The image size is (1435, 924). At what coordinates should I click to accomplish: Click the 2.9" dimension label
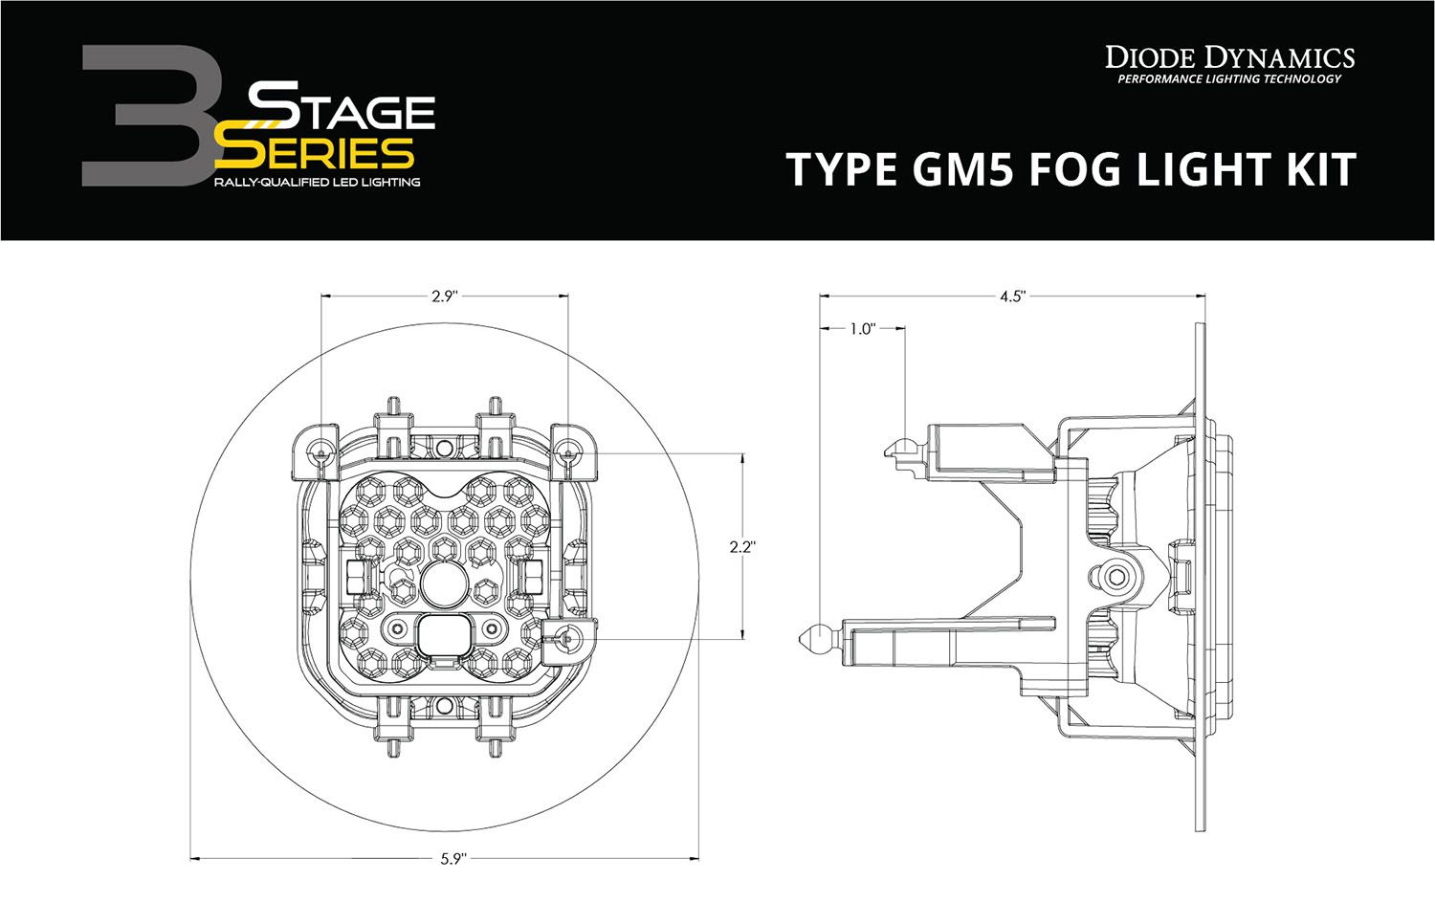[x=444, y=297]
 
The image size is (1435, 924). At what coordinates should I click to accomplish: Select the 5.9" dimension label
[x=453, y=859]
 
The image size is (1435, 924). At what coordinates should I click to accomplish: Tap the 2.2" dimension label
[x=742, y=547]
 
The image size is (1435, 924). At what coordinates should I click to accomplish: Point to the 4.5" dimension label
[x=1012, y=297]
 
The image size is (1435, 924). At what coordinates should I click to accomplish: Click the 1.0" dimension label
[x=861, y=329]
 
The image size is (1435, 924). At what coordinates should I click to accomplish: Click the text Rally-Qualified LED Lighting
[x=317, y=182]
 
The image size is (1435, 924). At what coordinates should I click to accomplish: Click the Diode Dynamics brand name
[x=1229, y=57]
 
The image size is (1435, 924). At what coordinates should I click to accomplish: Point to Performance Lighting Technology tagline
[x=1229, y=79]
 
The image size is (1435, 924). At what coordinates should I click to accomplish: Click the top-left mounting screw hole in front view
[x=321, y=451]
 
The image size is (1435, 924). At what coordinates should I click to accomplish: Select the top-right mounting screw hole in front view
[x=572, y=451]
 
